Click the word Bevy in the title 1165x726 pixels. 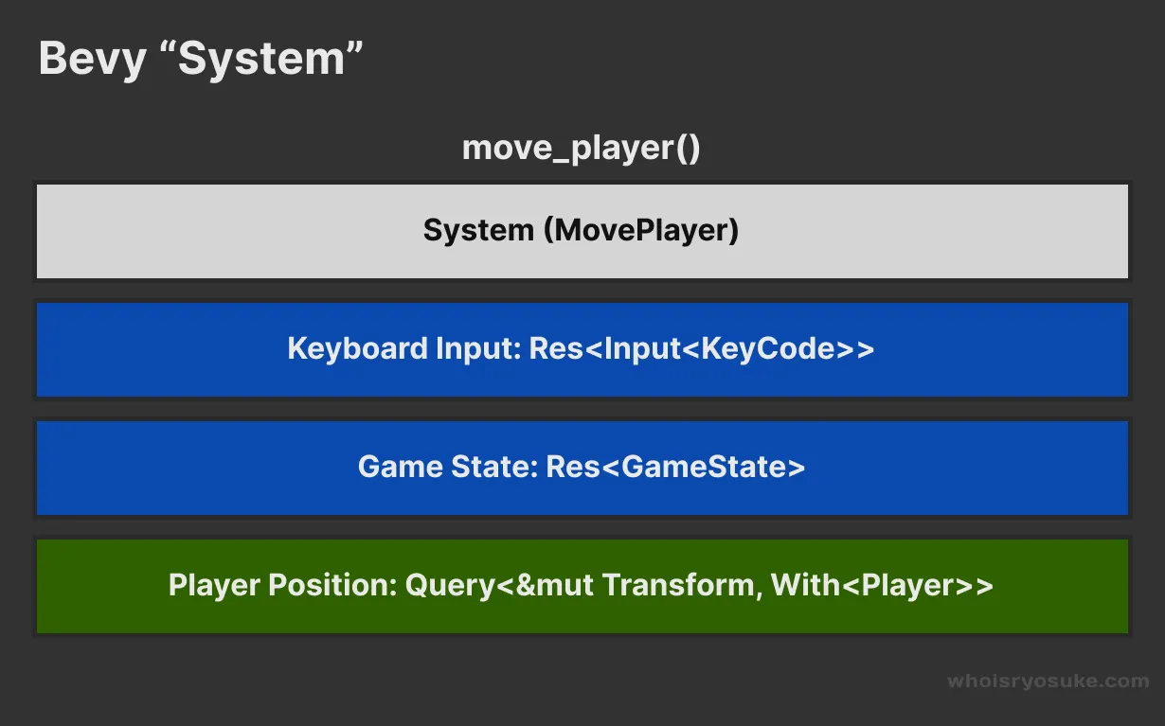click(93, 60)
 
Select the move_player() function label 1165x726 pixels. click(581, 149)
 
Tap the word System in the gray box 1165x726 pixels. click(478, 230)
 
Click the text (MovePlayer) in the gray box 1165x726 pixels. click(641, 230)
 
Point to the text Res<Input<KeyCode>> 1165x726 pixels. click(701, 348)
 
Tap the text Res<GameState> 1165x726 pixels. click(675, 467)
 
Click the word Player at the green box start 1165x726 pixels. click(215, 585)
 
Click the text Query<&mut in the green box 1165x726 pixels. click(499, 585)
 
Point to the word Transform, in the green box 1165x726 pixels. click(682, 585)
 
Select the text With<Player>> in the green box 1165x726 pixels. click(882, 585)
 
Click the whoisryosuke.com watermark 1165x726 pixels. click(1048, 681)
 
